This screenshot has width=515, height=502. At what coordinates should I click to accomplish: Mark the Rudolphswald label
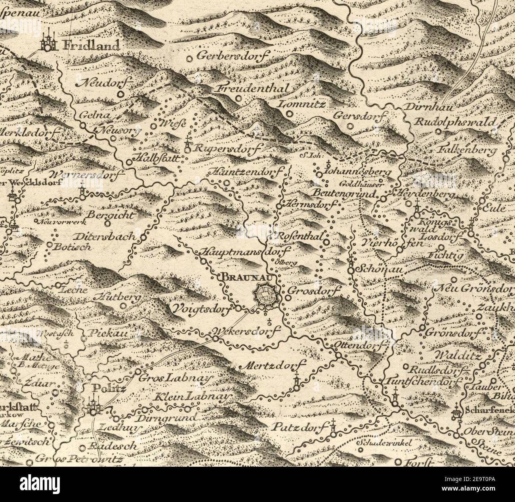[x=455, y=122]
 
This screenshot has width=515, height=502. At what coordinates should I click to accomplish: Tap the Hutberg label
[x=117, y=297]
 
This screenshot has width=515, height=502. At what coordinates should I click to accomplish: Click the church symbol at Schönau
[x=351, y=267]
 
